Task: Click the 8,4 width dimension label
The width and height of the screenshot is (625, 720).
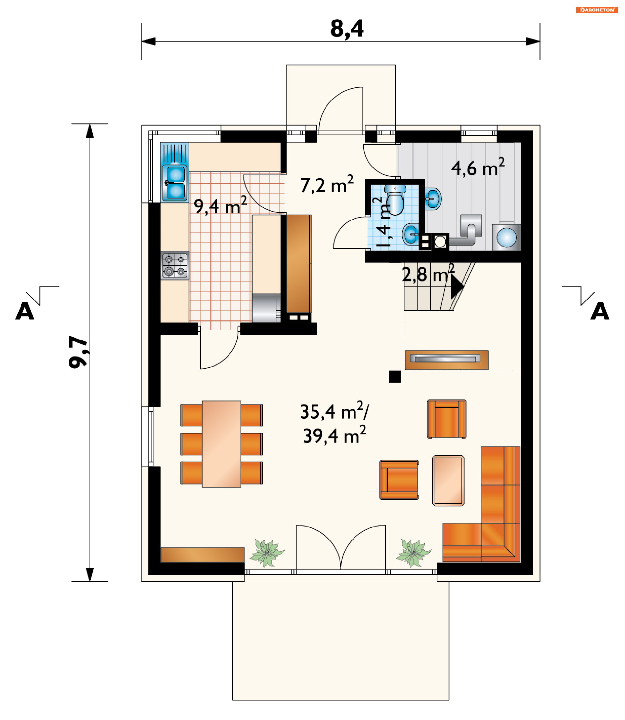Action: point(347,29)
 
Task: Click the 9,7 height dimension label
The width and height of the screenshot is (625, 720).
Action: point(78,352)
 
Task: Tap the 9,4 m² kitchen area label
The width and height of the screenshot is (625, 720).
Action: point(220,205)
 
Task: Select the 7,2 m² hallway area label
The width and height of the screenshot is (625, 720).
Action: point(327,184)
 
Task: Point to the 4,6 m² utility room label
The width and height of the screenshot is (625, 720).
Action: point(478,167)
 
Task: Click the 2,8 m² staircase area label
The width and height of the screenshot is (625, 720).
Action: point(428,273)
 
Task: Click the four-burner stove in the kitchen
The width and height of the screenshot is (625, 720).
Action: point(175,265)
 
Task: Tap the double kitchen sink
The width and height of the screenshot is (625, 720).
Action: point(175,183)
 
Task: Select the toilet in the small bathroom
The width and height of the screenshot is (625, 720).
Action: point(395,199)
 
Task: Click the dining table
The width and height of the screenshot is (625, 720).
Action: point(221,444)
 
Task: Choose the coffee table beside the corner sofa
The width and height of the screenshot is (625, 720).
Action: point(448,481)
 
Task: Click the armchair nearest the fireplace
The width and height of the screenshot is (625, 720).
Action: point(447,419)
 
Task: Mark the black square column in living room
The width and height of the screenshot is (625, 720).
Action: point(395,377)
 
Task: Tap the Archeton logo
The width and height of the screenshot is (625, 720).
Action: point(597,10)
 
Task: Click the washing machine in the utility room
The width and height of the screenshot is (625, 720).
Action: point(507,237)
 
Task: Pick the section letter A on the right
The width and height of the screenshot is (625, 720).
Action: point(600,311)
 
